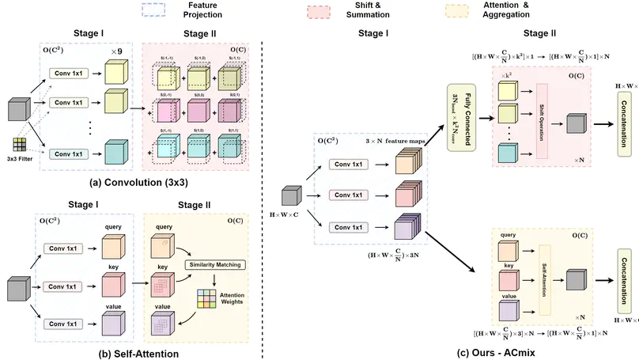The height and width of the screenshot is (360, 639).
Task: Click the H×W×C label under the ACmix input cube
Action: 285,214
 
